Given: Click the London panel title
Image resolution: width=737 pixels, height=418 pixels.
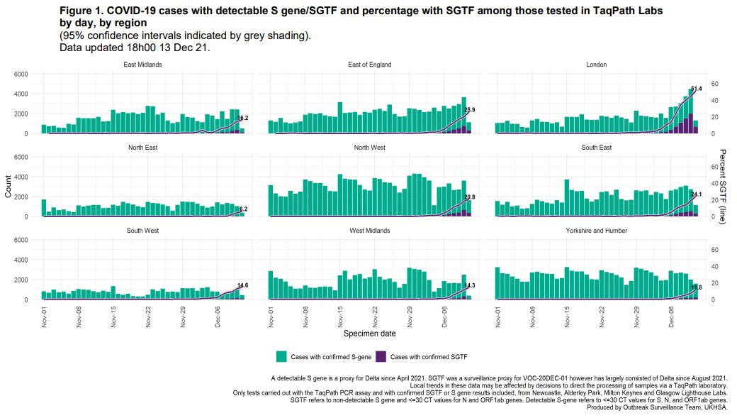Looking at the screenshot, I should [x=597, y=65].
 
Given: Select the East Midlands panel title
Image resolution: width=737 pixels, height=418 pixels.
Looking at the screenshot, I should [x=142, y=65].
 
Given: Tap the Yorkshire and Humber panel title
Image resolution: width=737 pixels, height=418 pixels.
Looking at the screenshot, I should [x=597, y=231].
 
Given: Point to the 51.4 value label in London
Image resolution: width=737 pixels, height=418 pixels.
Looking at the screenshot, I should [x=695, y=89].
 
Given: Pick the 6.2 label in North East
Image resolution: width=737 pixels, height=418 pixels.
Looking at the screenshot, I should [x=243, y=209].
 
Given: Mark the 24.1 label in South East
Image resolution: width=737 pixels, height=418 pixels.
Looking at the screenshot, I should [x=696, y=194].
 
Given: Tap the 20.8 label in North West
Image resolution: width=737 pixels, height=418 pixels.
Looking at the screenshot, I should [x=469, y=197].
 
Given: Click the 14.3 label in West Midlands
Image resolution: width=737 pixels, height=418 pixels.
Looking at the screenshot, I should [x=469, y=285].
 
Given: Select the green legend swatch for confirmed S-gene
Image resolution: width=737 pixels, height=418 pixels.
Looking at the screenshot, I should [x=281, y=356].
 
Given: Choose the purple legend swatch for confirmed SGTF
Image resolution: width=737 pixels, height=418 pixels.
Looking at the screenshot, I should [x=381, y=356].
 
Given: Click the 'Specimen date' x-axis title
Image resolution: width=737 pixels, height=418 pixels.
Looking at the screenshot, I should [x=368, y=333].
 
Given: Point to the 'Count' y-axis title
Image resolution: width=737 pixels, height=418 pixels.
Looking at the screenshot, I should [x=9, y=187].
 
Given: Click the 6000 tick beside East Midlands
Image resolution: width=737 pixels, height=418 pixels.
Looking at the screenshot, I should [x=21, y=74].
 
